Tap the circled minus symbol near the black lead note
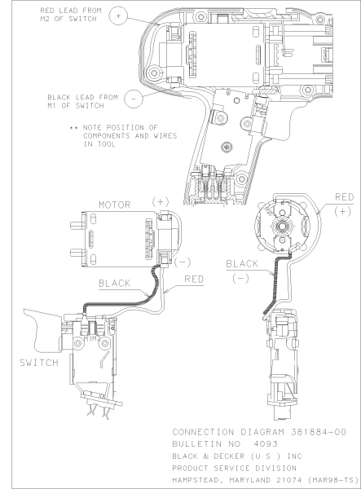click(133, 95)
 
